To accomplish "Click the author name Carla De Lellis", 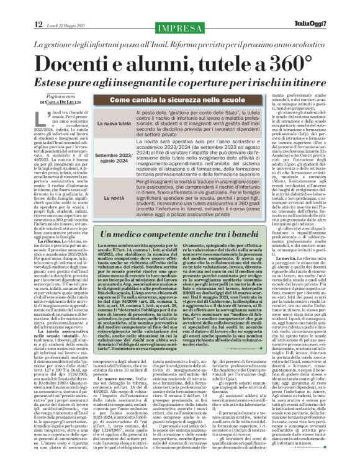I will point(63,108).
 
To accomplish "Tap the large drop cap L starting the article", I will point(42,119).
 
